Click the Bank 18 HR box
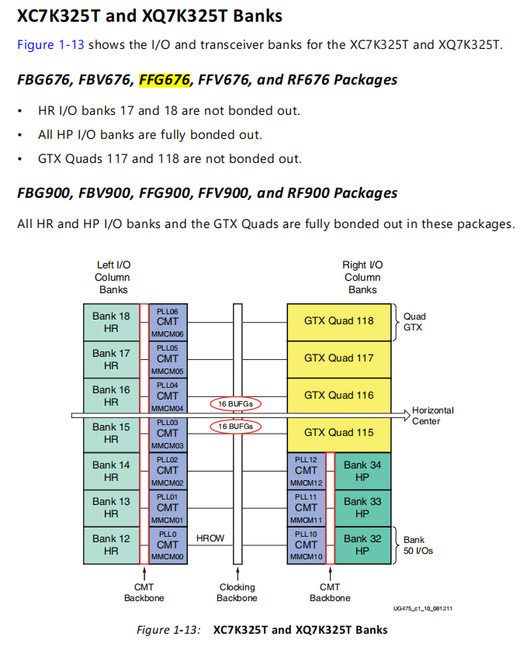[x=111, y=322]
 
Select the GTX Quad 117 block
[x=338, y=358]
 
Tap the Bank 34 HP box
[x=362, y=471]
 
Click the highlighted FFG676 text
[x=165, y=79]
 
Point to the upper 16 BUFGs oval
[x=235, y=404]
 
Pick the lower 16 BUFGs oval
[x=235, y=427]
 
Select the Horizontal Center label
[x=432, y=416]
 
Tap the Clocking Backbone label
[x=237, y=593]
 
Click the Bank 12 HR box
[x=111, y=545]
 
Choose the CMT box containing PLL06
[x=168, y=322]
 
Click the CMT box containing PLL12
[x=307, y=471]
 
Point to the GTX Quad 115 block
[x=338, y=433]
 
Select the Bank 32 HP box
[x=362, y=545]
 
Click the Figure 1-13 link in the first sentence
[x=50, y=44]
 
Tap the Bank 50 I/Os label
[x=420, y=545]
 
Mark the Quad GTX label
[x=414, y=322]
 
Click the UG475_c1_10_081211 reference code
[x=423, y=608]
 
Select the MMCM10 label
[x=306, y=557]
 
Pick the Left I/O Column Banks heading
[x=113, y=277]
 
